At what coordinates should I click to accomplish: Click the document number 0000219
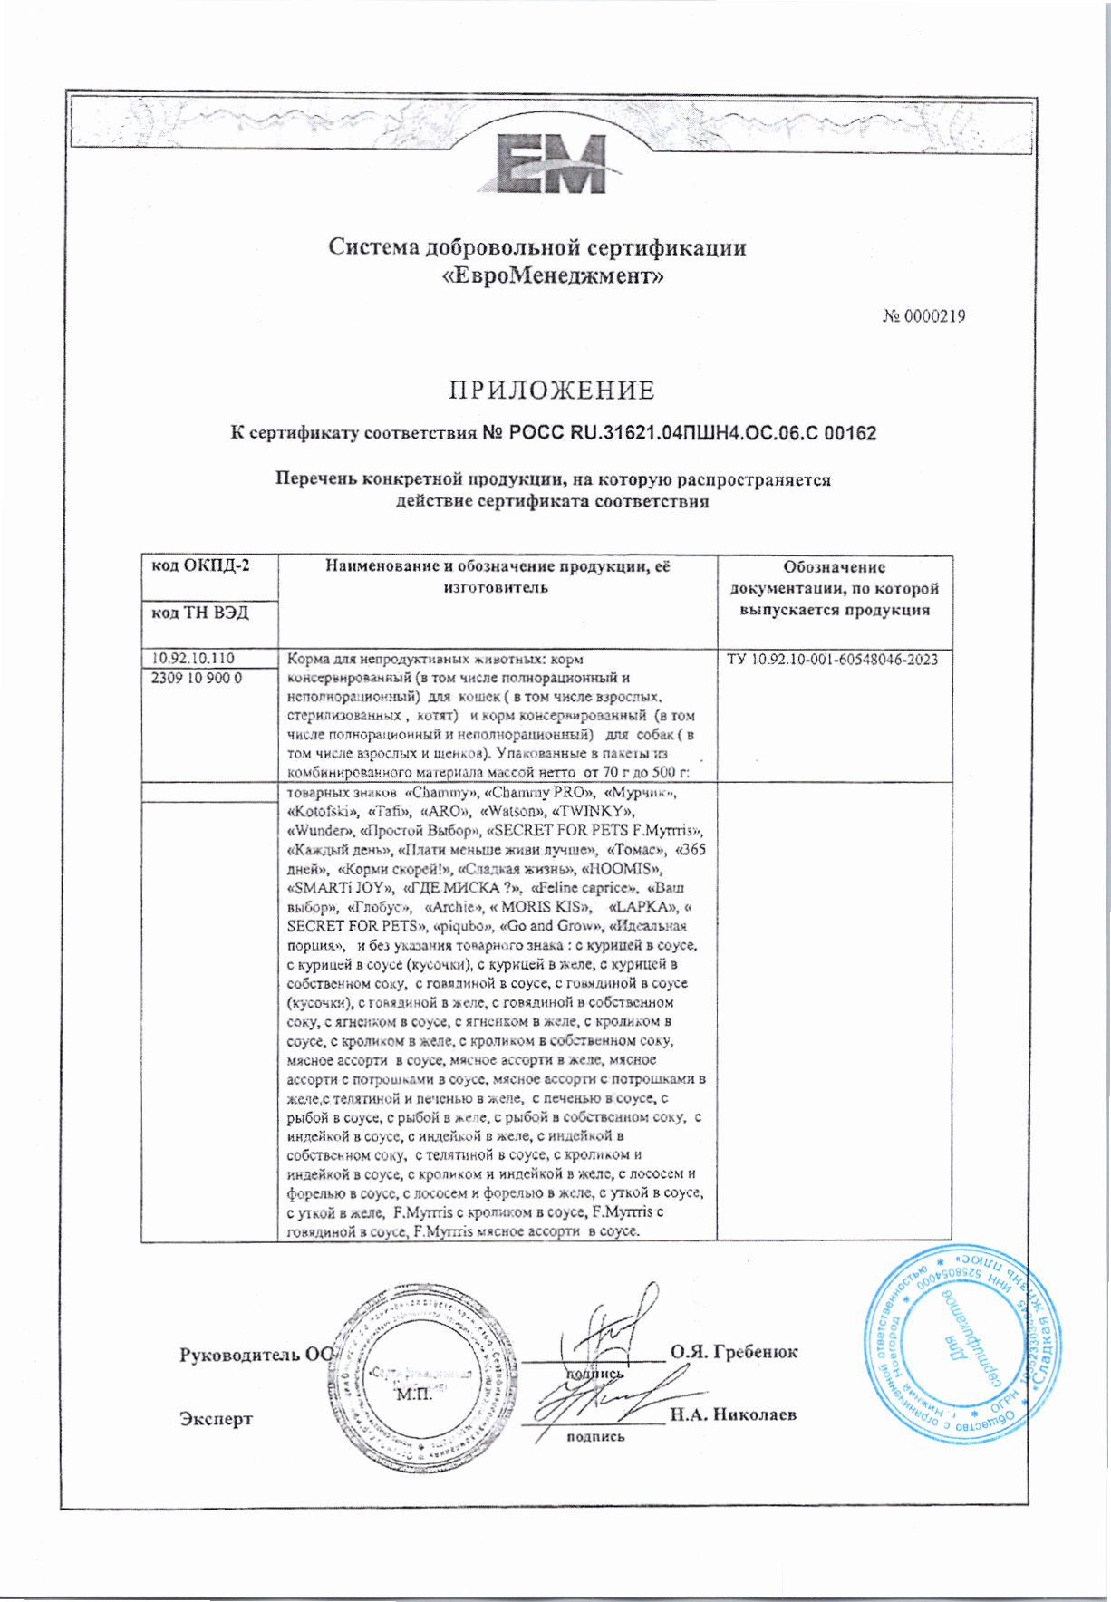pyautogui.click(x=924, y=316)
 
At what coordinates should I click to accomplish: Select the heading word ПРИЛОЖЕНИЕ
pyautogui.click(x=552, y=391)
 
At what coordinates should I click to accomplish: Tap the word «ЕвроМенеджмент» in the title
pyautogui.click(x=553, y=275)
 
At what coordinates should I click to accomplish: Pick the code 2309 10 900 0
pyautogui.click(x=196, y=678)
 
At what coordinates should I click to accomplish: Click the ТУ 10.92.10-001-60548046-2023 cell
pyautogui.click(x=833, y=660)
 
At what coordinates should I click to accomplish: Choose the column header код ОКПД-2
pyautogui.click(x=200, y=567)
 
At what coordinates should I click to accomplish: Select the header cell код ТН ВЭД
pyautogui.click(x=199, y=613)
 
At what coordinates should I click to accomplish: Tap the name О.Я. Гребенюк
pyautogui.click(x=734, y=1352)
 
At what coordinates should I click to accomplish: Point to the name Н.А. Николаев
pyautogui.click(x=733, y=1414)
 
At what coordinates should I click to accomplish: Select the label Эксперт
pyautogui.click(x=216, y=1419)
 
